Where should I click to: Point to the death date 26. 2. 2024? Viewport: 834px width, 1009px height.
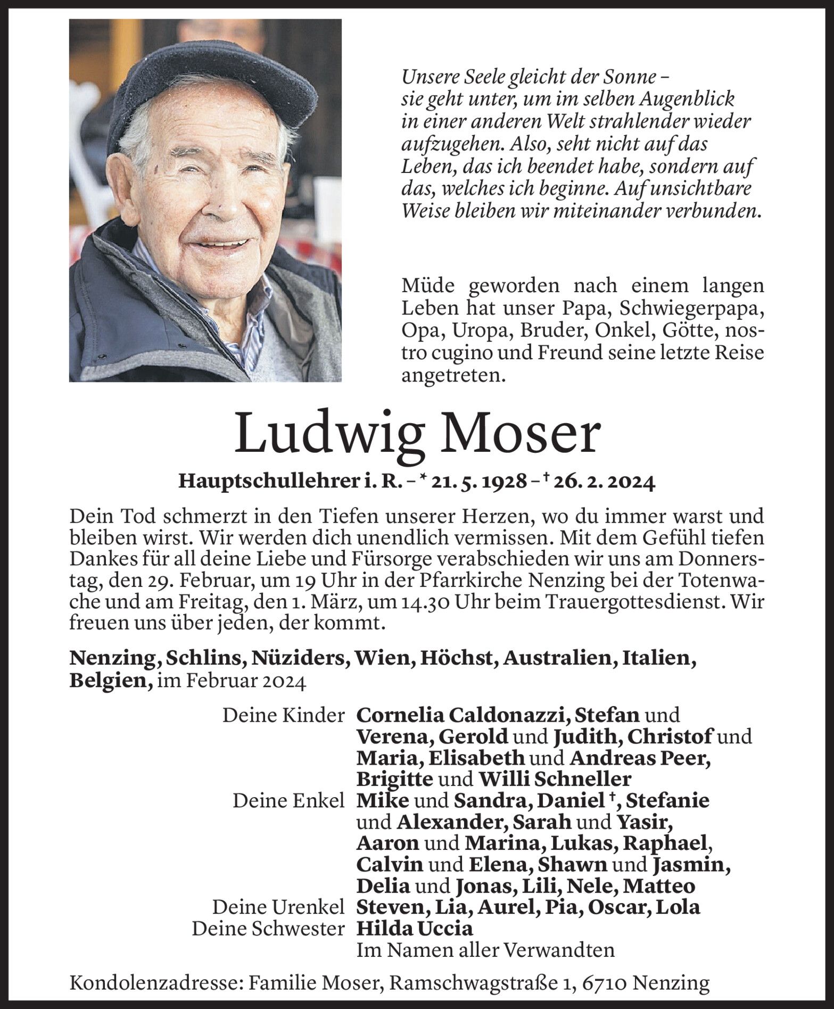tap(603, 482)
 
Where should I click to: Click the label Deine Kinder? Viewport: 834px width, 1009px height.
tap(283, 716)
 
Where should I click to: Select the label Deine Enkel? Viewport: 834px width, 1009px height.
tap(288, 801)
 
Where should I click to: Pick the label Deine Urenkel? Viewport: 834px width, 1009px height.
tap(278, 907)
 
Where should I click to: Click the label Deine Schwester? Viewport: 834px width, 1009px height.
tap(268, 929)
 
